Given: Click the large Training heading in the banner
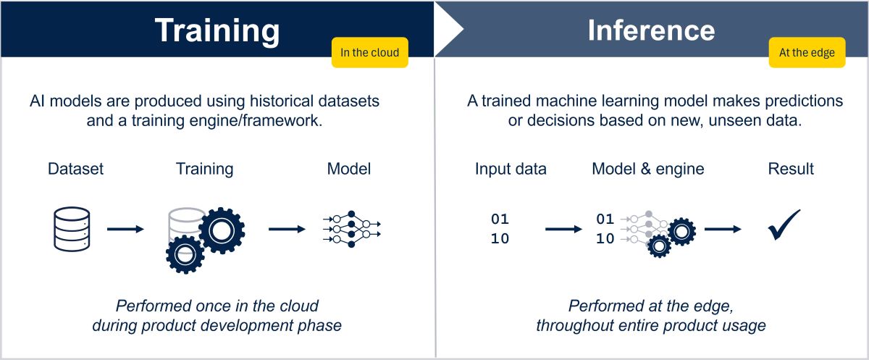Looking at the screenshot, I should pos(217,30).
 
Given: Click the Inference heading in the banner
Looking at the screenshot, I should pos(651,30).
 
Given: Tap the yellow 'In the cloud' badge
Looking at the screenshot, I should pos(369,52).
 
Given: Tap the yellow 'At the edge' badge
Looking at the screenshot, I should pos(807,52).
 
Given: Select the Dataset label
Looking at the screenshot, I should pos(76,169).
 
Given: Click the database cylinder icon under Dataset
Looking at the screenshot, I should pos(72,229).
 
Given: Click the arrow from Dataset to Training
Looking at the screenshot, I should pos(125,229).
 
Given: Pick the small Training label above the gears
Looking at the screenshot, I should pos(204,169).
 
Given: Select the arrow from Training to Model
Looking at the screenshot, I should pos(287,229).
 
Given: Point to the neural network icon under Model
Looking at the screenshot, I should pos(351,229).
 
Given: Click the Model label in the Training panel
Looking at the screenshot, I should pos(349,169).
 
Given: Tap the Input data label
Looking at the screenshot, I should pos(511,169).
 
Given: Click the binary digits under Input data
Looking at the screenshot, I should pos(500,229).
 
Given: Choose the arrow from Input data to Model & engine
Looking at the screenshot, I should pos(563,229).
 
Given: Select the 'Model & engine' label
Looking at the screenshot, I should pos(647,169).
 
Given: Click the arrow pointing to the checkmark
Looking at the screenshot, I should pos(723,229).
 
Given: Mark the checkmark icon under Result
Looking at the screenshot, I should pos(784,225).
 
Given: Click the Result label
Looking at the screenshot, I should pos(791,169).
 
